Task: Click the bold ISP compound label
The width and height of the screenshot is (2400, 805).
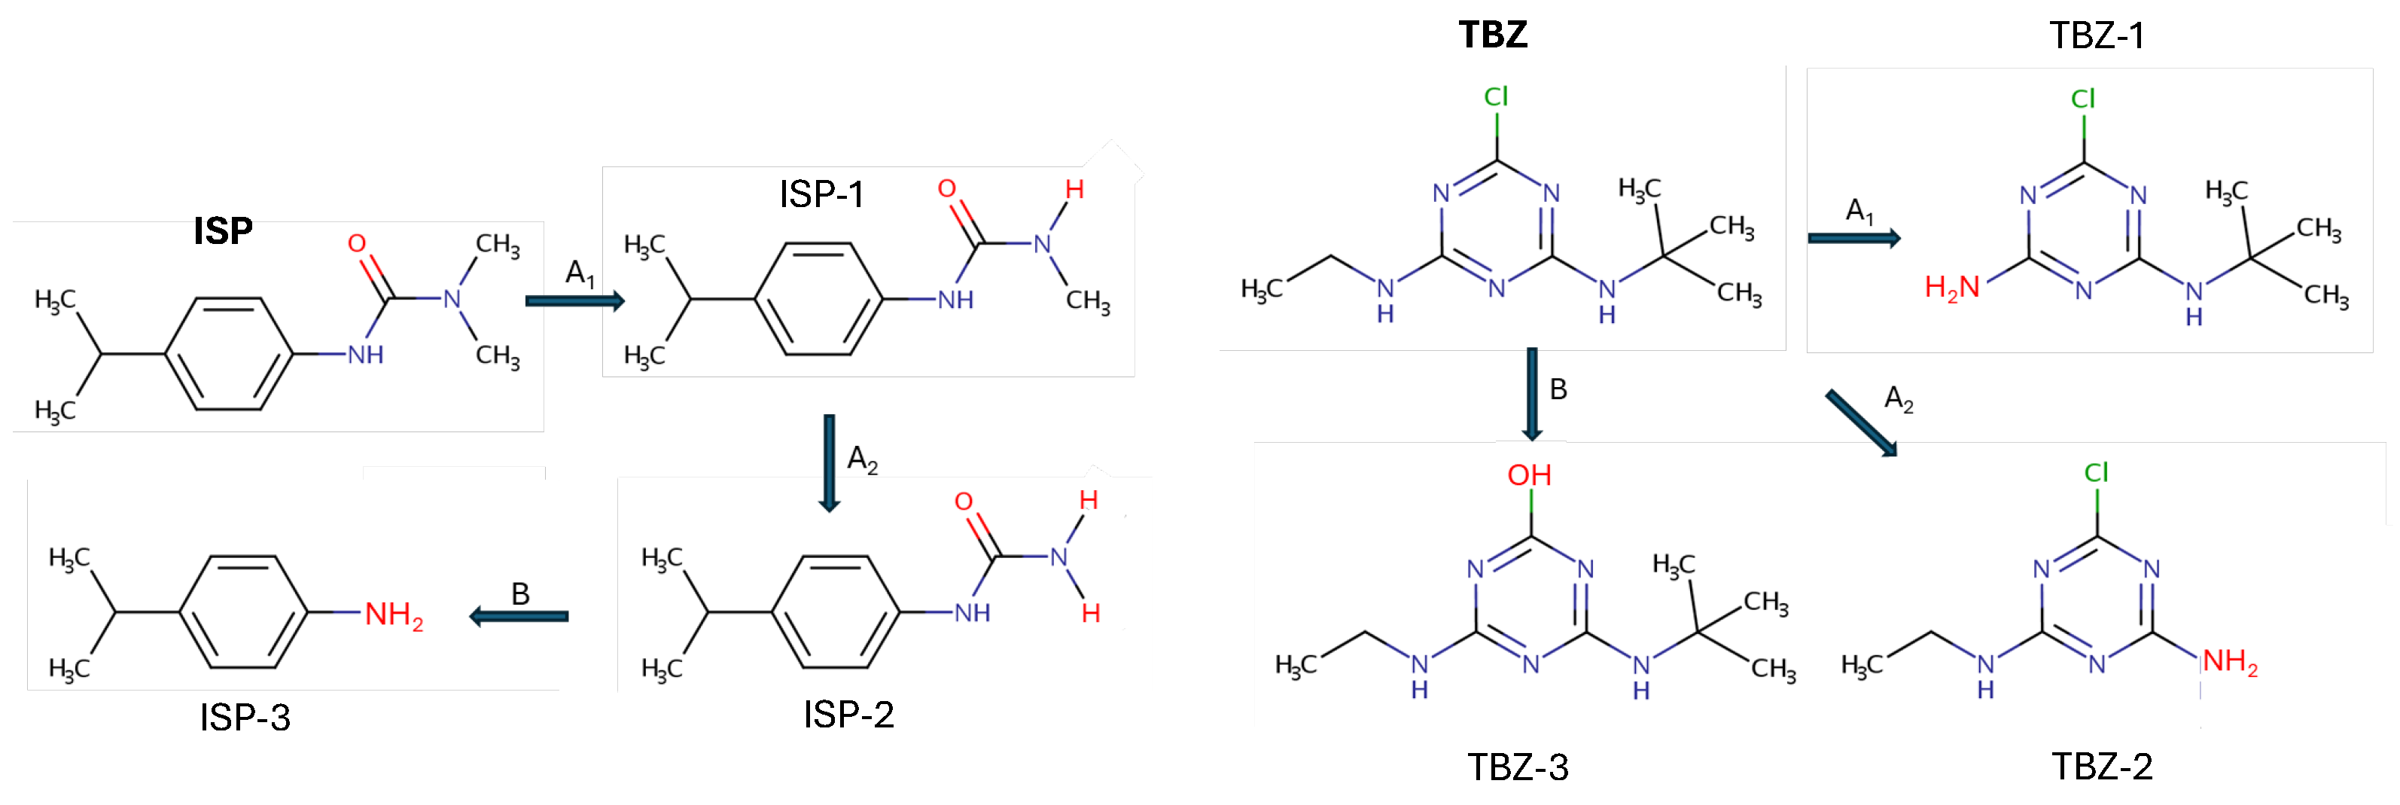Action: coord(223,231)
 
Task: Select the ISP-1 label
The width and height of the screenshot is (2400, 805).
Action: coord(821,195)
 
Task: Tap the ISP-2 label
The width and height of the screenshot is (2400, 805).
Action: coord(848,715)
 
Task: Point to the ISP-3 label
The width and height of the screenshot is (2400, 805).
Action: coord(245,718)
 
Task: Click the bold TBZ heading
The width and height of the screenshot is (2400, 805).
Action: coord(1493,35)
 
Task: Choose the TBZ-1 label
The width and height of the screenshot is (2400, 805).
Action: coord(2097,36)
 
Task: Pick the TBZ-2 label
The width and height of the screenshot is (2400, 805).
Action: coord(2102,767)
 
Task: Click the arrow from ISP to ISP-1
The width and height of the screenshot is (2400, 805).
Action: coord(574,300)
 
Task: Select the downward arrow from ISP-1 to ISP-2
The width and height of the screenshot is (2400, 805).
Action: coord(829,463)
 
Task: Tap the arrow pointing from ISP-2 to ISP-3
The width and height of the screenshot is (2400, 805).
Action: coord(518,616)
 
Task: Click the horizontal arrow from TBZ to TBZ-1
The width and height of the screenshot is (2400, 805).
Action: coord(1853,239)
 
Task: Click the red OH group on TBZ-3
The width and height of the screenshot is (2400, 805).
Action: coord(1529,475)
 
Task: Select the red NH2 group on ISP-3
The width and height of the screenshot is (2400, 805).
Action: coord(393,615)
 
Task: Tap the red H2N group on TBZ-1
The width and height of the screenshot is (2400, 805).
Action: coord(1951,288)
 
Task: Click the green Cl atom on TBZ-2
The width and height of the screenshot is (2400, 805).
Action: coord(2097,472)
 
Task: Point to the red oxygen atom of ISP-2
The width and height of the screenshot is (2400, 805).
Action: coord(964,502)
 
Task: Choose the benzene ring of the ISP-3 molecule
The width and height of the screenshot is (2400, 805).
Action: coord(243,612)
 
